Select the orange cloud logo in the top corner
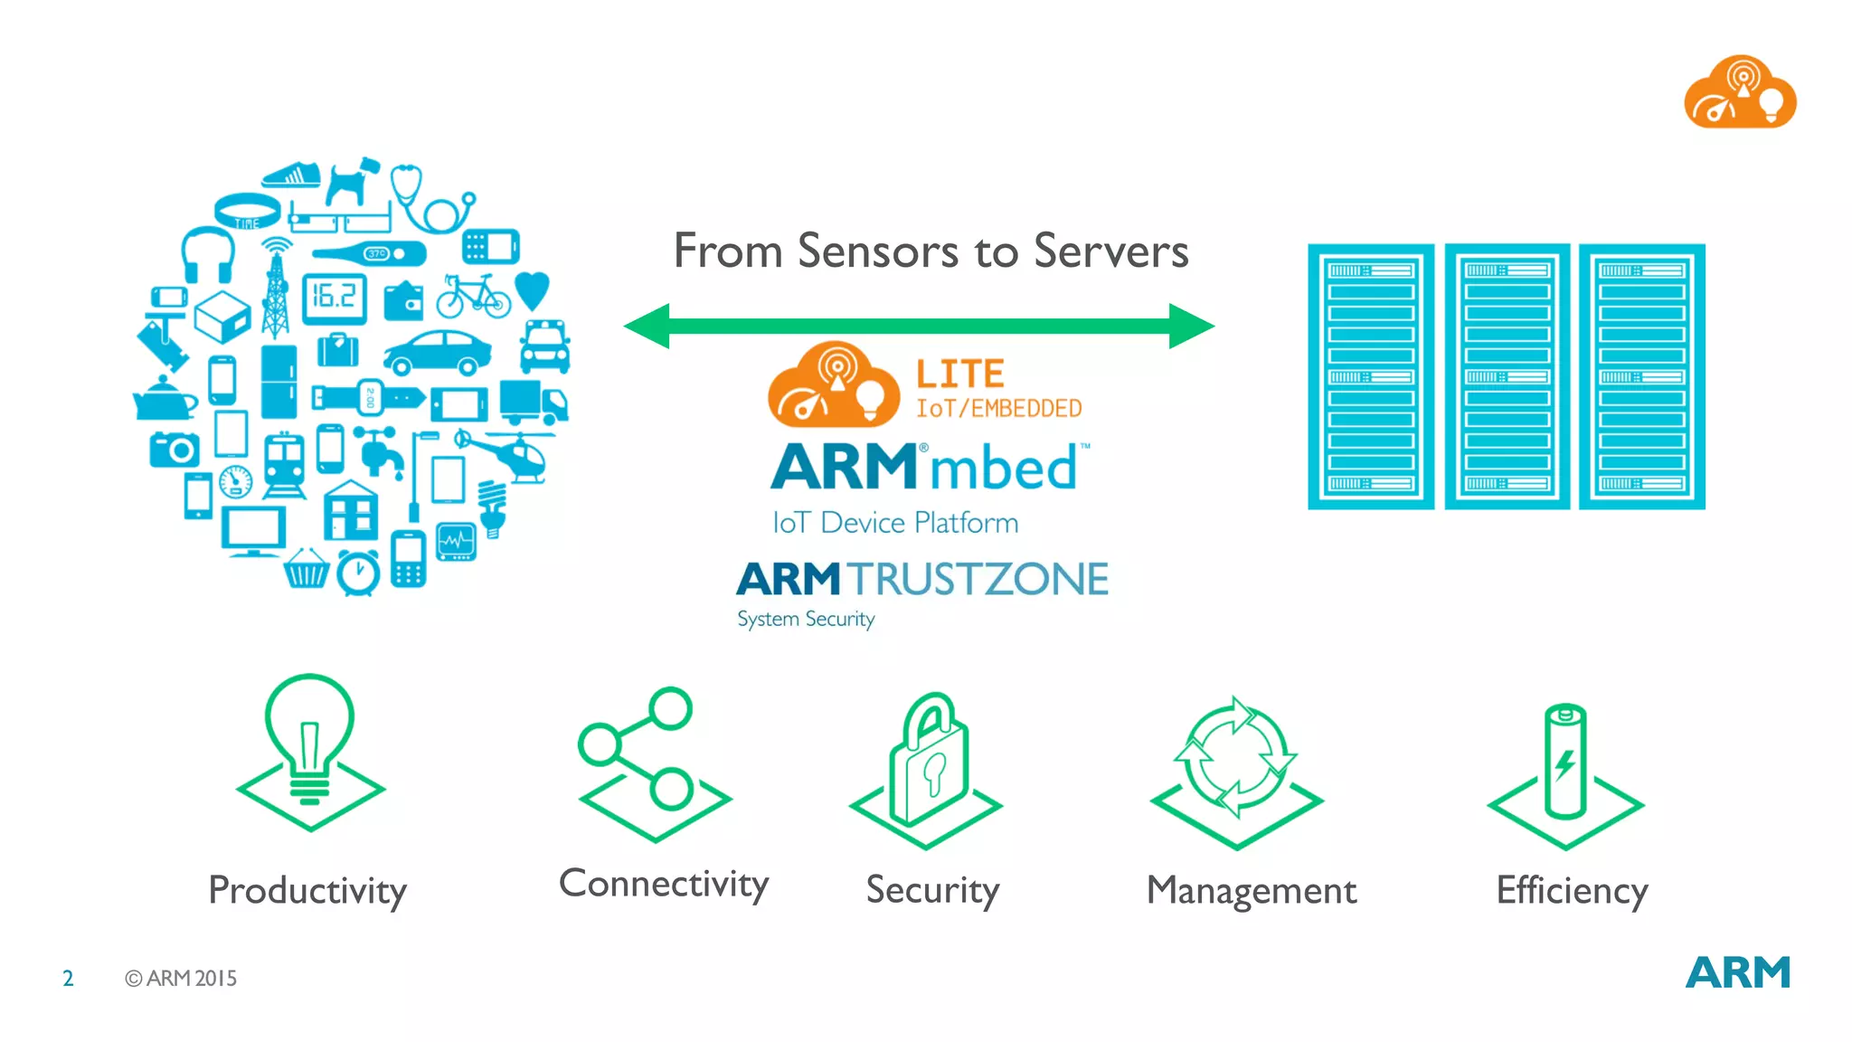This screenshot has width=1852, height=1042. tap(1739, 93)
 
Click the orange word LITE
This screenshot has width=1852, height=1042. tap(959, 374)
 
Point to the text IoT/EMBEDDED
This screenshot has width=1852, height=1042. tap(998, 409)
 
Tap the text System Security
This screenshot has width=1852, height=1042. tap(805, 620)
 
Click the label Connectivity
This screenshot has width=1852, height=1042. tap(664, 884)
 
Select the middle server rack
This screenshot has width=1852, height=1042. tap(1506, 375)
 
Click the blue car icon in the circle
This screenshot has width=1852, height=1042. tap(438, 352)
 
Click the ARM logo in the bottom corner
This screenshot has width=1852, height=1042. tap(1737, 973)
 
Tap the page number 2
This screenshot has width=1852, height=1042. tap(68, 978)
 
